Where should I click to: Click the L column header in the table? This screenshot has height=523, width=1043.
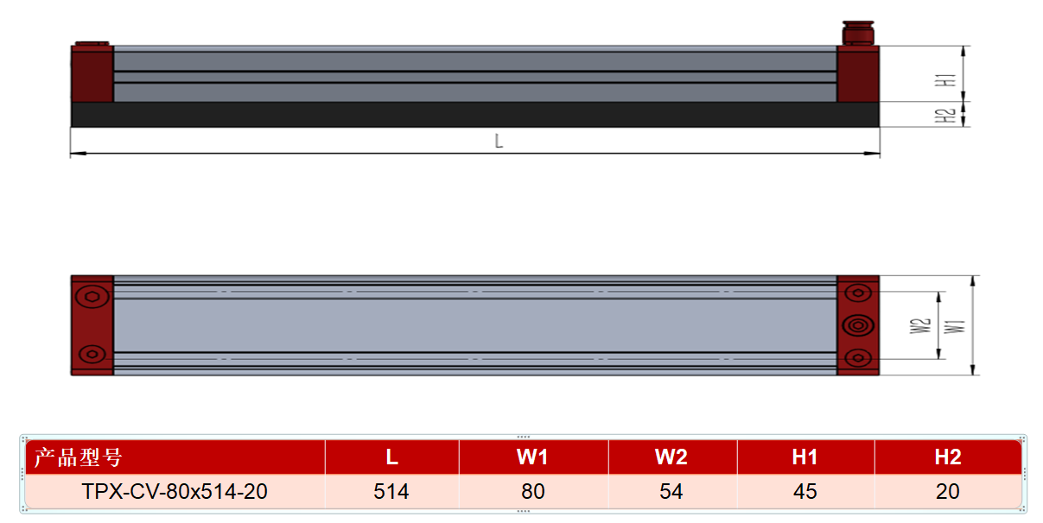click(x=391, y=457)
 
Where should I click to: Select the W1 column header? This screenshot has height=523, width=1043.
click(x=532, y=457)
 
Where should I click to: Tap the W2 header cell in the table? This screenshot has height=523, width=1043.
click(x=671, y=457)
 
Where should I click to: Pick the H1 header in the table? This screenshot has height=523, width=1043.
click(x=805, y=457)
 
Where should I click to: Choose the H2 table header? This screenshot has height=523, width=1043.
click(x=948, y=457)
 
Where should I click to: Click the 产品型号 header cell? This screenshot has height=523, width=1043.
click(x=79, y=457)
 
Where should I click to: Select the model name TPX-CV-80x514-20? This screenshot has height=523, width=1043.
click(x=175, y=491)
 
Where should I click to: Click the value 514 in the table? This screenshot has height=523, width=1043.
click(x=391, y=491)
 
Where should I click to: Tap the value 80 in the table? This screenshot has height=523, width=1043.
click(x=532, y=491)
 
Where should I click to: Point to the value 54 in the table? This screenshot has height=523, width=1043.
click(x=671, y=491)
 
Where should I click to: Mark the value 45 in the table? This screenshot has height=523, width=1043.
click(x=805, y=491)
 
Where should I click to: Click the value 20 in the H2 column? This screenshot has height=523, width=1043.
click(x=948, y=491)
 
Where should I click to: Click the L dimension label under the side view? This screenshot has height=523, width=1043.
click(x=499, y=141)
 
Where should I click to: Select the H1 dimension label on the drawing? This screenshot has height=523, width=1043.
click(x=945, y=80)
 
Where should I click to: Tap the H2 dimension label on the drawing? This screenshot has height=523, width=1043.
click(x=945, y=116)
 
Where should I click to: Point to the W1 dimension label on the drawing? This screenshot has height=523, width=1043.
click(x=955, y=326)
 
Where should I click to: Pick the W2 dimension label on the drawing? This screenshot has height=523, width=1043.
click(x=920, y=326)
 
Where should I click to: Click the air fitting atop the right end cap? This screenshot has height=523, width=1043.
click(x=858, y=33)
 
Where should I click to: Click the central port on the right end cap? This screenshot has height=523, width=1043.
click(x=858, y=325)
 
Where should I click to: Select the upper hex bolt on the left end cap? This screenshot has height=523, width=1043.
click(x=92, y=297)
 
